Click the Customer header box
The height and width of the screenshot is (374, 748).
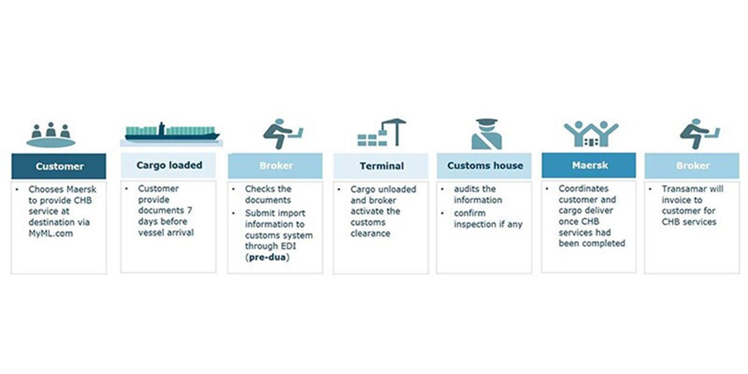coord(59,166)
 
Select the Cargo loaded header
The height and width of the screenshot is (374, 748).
coord(169,165)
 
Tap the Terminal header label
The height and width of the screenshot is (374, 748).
coord(381,166)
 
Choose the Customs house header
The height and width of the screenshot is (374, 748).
coord(484,165)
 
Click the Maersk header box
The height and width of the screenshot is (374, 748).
coord(589,165)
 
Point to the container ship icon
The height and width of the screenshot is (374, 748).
coord(172,133)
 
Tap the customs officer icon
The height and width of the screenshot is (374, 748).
coord(486,134)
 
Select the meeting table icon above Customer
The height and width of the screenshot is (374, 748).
coord(51,135)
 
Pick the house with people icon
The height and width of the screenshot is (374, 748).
coord(591,134)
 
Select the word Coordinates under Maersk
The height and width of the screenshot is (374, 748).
coord(583,189)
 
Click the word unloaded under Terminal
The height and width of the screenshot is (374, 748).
coord(397,189)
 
